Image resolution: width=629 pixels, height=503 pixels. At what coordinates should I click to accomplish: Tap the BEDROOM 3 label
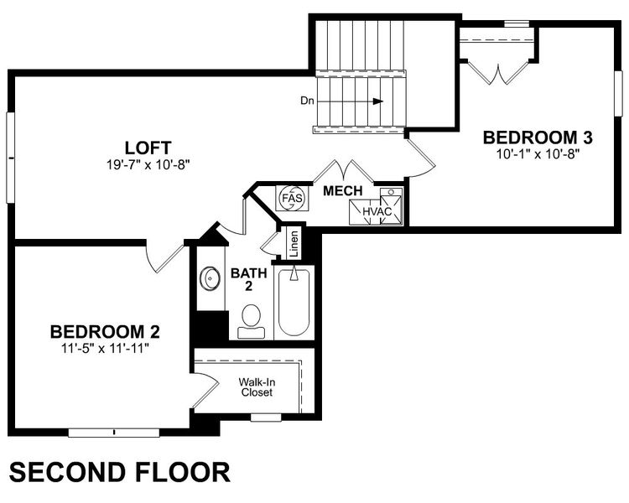pyautogui.click(x=533, y=137)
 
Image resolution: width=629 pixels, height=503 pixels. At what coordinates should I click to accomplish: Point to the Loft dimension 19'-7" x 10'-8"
pyautogui.click(x=143, y=164)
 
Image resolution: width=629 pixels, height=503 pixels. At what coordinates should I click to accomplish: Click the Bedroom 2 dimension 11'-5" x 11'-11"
pyautogui.click(x=105, y=347)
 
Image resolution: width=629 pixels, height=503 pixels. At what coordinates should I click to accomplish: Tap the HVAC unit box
pyautogui.click(x=379, y=210)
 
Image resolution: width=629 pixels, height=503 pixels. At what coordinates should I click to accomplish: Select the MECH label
pyautogui.click(x=344, y=191)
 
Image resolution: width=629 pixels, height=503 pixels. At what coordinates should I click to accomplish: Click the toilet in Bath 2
pyautogui.click(x=251, y=319)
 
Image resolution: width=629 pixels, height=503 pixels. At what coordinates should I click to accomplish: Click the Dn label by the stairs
pyautogui.click(x=307, y=101)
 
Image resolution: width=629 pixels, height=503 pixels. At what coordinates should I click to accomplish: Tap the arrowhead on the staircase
pyautogui.click(x=379, y=101)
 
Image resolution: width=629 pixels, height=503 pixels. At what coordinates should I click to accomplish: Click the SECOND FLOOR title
pyautogui.click(x=119, y=472)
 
